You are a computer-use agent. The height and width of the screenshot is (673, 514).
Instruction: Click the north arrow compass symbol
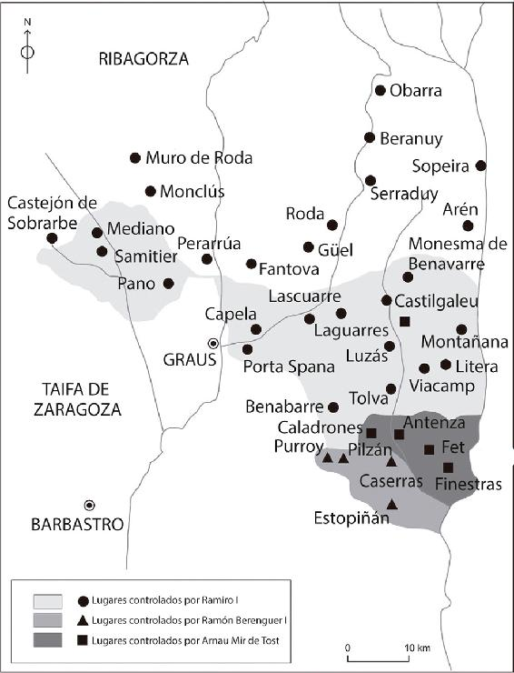coord(27,44)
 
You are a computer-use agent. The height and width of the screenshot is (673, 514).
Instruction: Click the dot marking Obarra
coord(381,90)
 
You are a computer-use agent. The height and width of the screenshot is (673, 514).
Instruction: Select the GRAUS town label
coord(189,358)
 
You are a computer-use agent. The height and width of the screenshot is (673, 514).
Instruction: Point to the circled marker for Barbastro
coord(90,505)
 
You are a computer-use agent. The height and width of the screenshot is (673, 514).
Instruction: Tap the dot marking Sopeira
coord(480,166)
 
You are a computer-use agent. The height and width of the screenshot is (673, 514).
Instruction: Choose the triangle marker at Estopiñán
coord(391,505)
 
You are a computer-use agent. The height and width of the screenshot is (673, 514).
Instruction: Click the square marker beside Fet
coord(430,449)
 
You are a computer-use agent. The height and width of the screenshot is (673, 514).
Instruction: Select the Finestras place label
coord(469,485)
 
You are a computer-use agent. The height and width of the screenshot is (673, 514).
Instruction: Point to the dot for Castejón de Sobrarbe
coord(52,238)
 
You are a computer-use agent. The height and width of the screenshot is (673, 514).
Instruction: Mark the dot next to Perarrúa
coord(207,259)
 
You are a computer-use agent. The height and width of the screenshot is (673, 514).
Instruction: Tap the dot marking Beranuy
coord(370,137)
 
